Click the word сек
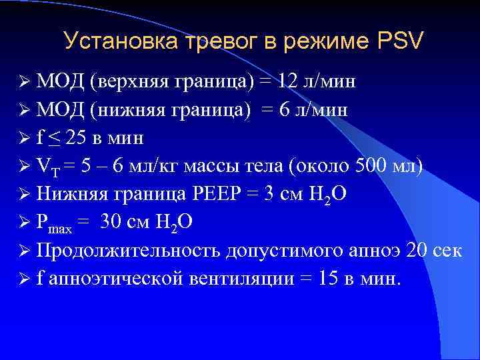(x=447, y=251)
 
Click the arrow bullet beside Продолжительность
(x=25, y=251)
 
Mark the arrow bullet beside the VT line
(x=25, y=166)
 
